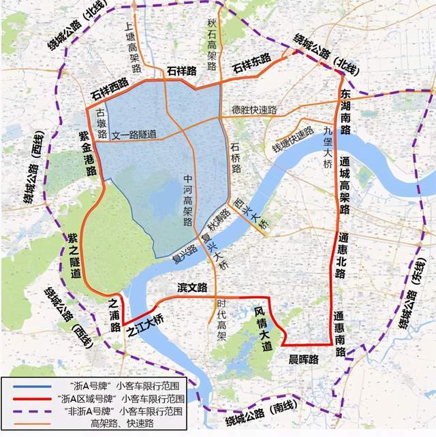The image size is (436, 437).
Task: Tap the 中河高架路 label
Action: (x=188, y=200)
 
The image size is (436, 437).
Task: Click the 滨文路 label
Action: (x=191, y=288)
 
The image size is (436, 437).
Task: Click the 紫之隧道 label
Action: (x=73, y=255)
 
